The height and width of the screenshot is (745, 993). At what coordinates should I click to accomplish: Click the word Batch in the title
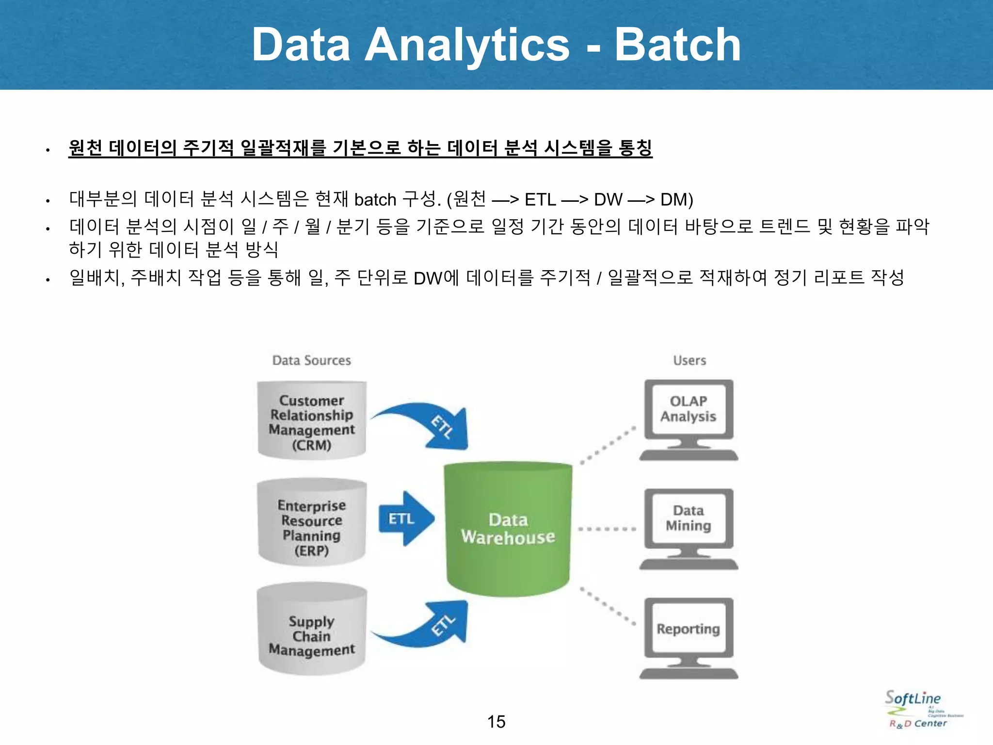[677, 45]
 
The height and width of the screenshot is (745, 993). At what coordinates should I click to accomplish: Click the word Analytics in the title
[466, 45]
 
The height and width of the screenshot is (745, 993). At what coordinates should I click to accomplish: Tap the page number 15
[496, 722]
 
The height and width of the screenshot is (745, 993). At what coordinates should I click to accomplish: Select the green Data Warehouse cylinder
[508, 529]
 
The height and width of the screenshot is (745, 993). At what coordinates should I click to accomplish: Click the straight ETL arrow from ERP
[405, 519]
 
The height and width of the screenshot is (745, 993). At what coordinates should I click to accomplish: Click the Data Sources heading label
[311, 360]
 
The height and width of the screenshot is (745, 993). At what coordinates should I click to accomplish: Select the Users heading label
[689, 360]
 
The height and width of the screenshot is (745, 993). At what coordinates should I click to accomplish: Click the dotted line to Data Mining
[607, 529]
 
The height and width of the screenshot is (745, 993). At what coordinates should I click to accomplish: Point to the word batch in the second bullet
[375, 200]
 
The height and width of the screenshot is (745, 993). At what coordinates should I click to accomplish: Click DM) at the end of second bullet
[676, 200]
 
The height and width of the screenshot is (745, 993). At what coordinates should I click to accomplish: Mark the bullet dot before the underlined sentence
[48, 150]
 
